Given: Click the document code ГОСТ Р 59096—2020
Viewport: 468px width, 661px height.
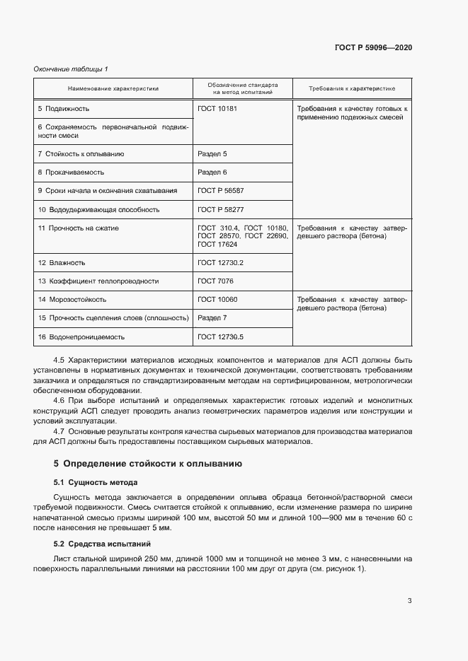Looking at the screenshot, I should tap(373, 47).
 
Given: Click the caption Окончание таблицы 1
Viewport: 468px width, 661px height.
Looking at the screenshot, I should tap(71, 69).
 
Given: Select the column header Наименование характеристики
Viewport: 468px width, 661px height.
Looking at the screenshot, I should tap(113, 89).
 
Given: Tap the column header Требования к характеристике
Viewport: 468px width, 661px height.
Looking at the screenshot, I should tap(352, 89).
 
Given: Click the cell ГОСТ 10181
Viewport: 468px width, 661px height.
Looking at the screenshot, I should tap(217, 110).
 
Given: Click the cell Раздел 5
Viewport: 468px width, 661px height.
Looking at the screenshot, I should tap(212, 153).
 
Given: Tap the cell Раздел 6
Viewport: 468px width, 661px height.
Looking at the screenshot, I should tap(212, 172).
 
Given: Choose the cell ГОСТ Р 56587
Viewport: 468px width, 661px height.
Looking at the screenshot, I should tap(220, 191).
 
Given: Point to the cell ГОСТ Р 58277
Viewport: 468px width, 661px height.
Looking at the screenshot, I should tap(220, 210).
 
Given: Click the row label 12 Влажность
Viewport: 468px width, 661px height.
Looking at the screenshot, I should tap(62, 262).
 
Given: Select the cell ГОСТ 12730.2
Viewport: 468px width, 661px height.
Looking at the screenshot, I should tap(220, 262).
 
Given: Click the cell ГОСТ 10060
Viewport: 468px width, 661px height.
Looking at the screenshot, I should tap(217, 300).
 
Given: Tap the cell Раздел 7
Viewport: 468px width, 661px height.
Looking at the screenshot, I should tap(212, 318).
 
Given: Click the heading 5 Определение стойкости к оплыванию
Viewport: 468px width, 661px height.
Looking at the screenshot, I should tap(148, 464).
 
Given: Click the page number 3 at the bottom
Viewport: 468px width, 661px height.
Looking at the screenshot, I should tap(409, 602).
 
